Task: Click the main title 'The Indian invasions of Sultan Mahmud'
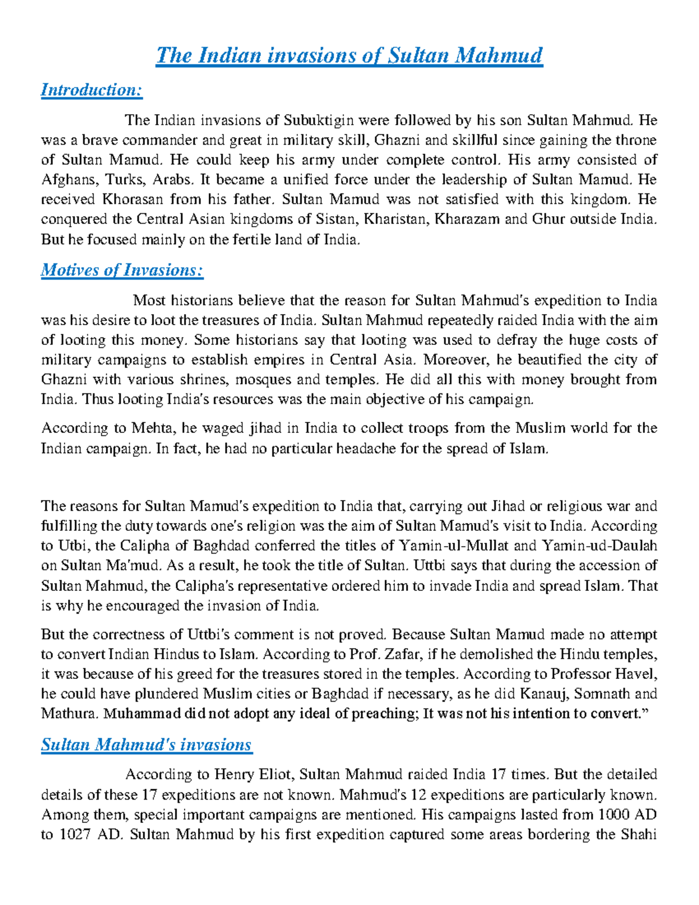coord(349,56)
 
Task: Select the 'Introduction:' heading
coord(91,90)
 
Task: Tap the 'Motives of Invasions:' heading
coord(122,270)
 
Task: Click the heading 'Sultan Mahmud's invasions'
coord(146,745)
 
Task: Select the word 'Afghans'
coord(65,180)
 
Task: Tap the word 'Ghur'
coord(548,220)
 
